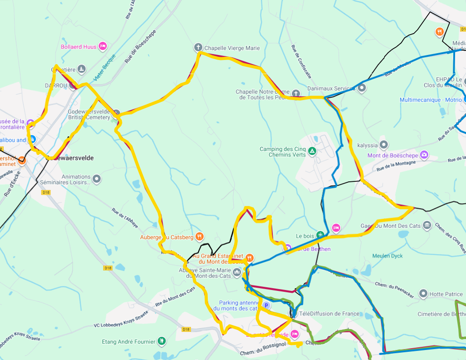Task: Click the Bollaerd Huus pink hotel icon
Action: [x=103, y=46]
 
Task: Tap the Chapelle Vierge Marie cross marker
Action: [x=198, y=48]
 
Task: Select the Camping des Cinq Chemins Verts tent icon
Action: [x=312, y=151]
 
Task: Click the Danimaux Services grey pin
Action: [x=362, y=88]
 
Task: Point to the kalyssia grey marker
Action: [x=384, y=145]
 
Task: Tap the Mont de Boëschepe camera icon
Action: [x=424, y=155]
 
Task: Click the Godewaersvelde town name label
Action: [x=73, y=158]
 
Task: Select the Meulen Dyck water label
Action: [x=387, y=256]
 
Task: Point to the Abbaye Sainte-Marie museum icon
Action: [x=236, y=273]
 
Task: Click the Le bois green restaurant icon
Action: [x=320, y=235]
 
